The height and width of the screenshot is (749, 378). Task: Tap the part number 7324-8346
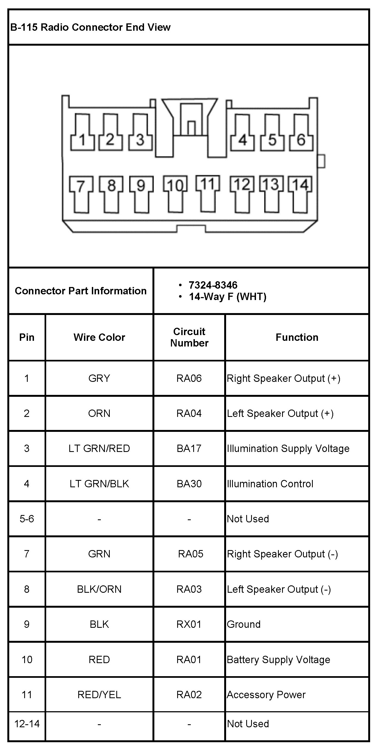[213, 285]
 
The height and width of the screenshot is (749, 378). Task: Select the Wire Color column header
[99, 337]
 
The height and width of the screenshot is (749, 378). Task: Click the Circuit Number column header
[189, 337]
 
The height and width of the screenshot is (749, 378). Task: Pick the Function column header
[297, 337]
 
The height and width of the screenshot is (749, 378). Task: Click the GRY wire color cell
[99, 378]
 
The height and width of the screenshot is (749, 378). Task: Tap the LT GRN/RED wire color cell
[99, 448]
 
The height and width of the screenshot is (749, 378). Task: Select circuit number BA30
[189, 484]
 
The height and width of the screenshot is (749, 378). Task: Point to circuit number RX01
[189, 624]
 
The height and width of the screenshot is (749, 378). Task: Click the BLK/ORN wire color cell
[99, 589]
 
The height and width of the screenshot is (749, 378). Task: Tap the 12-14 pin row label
[27, 724]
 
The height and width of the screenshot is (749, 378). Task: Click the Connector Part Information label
[80, 291]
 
